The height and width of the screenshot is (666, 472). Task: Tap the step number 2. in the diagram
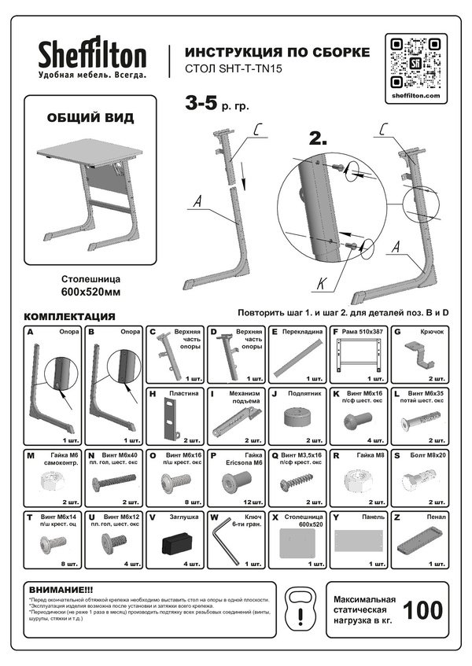[318, 139]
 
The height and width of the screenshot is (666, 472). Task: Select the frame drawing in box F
[357, 357]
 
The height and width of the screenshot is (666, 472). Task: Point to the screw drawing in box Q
[294, 477]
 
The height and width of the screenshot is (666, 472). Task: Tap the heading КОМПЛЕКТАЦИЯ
[71, 316]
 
